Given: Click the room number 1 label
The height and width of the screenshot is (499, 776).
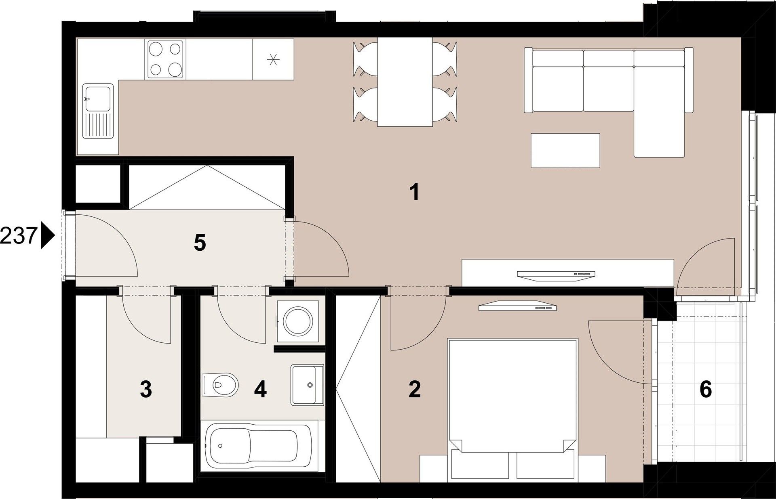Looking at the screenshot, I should [x=414, y=193].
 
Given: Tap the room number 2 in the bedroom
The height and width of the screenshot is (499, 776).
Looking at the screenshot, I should [x=415, y=389].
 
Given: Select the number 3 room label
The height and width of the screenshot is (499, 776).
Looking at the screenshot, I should [x=145, y=390].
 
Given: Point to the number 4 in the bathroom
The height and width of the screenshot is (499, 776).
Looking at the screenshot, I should [x=261, y=390].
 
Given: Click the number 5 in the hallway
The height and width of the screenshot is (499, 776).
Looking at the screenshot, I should [x=200, y=243].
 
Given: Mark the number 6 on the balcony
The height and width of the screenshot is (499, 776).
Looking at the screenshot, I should [x=705, y=390].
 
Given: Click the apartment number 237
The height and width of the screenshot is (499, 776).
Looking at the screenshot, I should [x=19, y=237].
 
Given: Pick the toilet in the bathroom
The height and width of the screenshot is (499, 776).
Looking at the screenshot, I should [x=220, y=385].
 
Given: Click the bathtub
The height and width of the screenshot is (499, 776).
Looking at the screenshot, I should [x=259, y=446].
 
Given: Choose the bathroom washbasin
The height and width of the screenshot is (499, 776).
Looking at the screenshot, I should [x=307, y=385].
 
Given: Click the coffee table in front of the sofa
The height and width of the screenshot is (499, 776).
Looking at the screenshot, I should [x=565, y=151].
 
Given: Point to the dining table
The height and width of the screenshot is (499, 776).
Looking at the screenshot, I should [x=405, y=82].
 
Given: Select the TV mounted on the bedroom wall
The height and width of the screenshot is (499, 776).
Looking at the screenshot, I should [x=518, y=307].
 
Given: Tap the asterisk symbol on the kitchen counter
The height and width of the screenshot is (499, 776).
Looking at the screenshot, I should [x=274, y=60].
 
